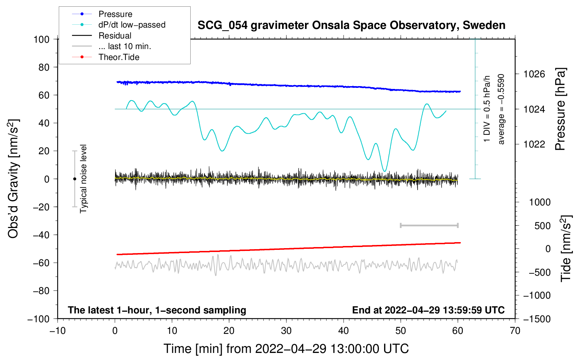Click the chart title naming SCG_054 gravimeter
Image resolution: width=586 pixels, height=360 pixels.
pos(351,25)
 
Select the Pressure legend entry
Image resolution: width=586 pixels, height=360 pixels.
pos(115,14)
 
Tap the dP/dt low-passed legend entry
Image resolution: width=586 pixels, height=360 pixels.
pos(132,25)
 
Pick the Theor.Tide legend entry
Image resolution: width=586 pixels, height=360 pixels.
pos(119,57)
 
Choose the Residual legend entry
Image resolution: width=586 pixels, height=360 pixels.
pos(115,36)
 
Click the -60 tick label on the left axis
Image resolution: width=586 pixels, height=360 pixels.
pos(41,263)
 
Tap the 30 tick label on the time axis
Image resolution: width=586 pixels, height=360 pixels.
pos(286,331)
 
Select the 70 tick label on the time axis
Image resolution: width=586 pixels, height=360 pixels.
pos(515,331)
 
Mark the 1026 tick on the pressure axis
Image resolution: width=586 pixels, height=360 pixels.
pos(534,74)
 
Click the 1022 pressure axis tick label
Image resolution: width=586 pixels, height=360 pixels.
pos(534,144)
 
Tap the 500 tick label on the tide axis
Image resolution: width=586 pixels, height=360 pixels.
pos(543,226)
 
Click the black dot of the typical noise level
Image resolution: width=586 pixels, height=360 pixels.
pos(74,179)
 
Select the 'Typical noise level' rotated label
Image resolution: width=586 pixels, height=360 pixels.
pos(83,179)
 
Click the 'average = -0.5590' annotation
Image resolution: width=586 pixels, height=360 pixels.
pos(501,109)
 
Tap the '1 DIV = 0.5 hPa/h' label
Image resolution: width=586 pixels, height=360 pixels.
pos(487,109)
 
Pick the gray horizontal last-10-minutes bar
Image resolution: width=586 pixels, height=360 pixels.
pos(429,225)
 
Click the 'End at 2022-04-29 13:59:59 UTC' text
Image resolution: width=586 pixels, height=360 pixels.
pos(428,310)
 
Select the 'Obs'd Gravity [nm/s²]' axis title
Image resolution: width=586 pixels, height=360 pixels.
pos(13,179)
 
